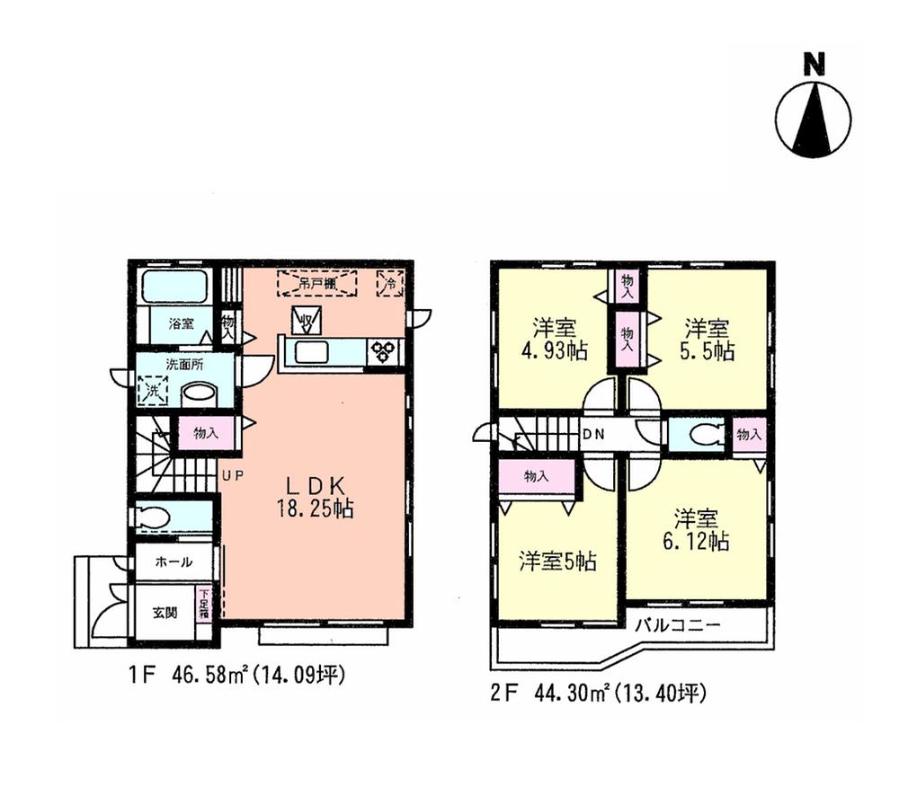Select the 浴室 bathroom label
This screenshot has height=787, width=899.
181,324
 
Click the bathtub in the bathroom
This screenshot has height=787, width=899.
174,287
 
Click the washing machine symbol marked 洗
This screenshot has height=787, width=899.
152,391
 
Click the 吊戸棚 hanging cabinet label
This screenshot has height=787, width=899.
316,283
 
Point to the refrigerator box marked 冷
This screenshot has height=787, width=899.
390,283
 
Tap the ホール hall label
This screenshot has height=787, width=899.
174,562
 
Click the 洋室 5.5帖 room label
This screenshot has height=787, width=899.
708,340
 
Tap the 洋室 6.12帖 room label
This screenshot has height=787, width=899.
697,530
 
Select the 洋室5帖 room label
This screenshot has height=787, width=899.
557,562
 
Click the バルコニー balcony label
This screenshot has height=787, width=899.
679,626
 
